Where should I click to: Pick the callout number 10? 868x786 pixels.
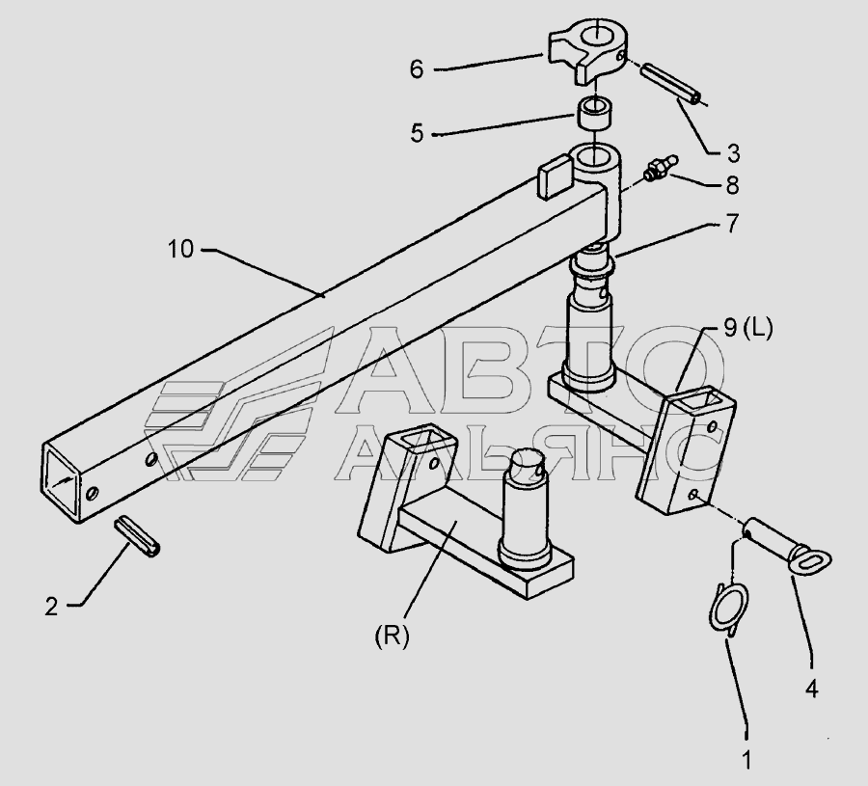179,250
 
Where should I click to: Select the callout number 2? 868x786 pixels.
50,607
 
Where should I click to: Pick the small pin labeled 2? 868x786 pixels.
142,536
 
